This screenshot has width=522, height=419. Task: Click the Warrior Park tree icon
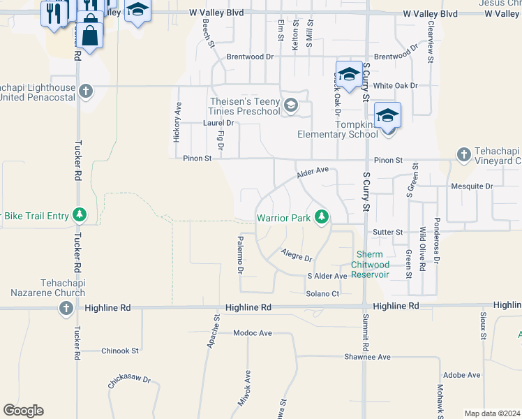pos(321,217)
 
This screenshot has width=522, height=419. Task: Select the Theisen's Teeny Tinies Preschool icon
pos(290,106)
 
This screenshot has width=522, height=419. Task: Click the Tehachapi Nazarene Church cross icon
pos(66,308)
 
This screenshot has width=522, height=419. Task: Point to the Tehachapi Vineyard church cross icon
pos(463,155)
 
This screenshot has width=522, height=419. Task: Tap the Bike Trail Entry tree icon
pos(80,214)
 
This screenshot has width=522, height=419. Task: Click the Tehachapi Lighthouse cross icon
pos(86,91)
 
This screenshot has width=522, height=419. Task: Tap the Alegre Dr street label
pos(296,255)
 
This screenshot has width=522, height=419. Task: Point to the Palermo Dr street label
pos(240,255)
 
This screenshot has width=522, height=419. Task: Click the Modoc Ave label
pos(253,333)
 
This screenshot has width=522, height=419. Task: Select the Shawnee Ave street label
pos(367,357)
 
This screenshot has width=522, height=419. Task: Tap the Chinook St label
pos(120,351)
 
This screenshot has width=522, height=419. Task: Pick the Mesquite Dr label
pos(472,186)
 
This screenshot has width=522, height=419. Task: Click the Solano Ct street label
pos(322,293)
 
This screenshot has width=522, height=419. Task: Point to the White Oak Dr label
pos(395,85)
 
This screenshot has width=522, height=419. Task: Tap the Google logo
pos(23,411)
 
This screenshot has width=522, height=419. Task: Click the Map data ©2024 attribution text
pos(491,413)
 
